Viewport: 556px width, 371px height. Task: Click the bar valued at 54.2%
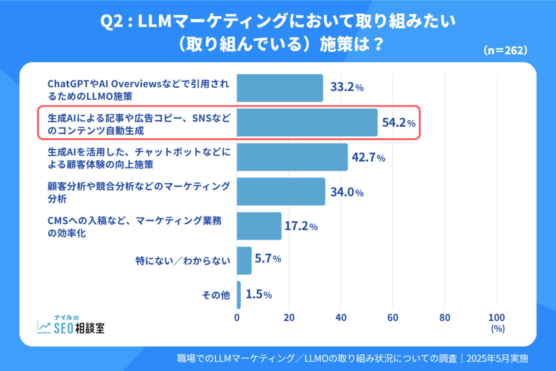307,122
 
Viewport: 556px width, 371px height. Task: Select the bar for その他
239,295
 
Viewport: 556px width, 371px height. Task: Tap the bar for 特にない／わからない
244,260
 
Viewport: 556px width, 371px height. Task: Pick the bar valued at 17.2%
259,226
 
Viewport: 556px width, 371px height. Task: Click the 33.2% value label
346,88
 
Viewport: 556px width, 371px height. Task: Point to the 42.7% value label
368,157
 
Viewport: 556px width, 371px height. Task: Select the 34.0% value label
346,192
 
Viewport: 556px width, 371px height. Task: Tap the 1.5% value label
259,295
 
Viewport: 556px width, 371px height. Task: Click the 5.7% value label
268,259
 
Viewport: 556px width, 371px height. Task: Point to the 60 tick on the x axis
393,318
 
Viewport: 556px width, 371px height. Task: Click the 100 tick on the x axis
497,318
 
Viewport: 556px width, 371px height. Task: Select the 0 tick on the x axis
237,318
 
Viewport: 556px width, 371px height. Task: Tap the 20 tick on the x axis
289,318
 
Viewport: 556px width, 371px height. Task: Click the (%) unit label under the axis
498,329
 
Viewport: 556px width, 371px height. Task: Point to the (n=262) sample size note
505,50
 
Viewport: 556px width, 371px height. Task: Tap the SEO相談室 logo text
79,328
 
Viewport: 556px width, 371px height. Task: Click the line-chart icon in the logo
44,327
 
